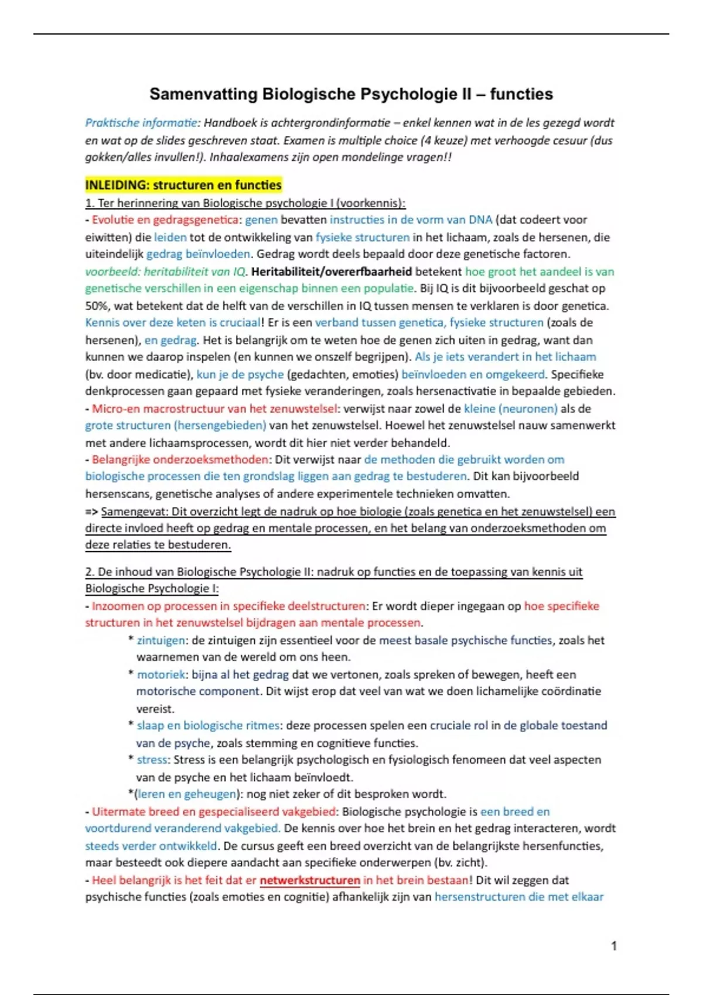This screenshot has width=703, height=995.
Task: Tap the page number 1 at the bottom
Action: (613, 946)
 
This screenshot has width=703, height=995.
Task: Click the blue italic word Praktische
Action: (108, 123)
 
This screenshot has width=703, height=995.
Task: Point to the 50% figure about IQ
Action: (96, 306)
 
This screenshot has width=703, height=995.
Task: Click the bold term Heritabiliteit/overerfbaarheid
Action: (331, 272)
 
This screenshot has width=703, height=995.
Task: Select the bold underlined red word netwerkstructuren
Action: (309, 880)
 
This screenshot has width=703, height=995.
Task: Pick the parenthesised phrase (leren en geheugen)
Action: (187, 794)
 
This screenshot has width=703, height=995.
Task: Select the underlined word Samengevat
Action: (134, 512)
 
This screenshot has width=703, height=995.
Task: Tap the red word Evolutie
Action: (113, 220)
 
